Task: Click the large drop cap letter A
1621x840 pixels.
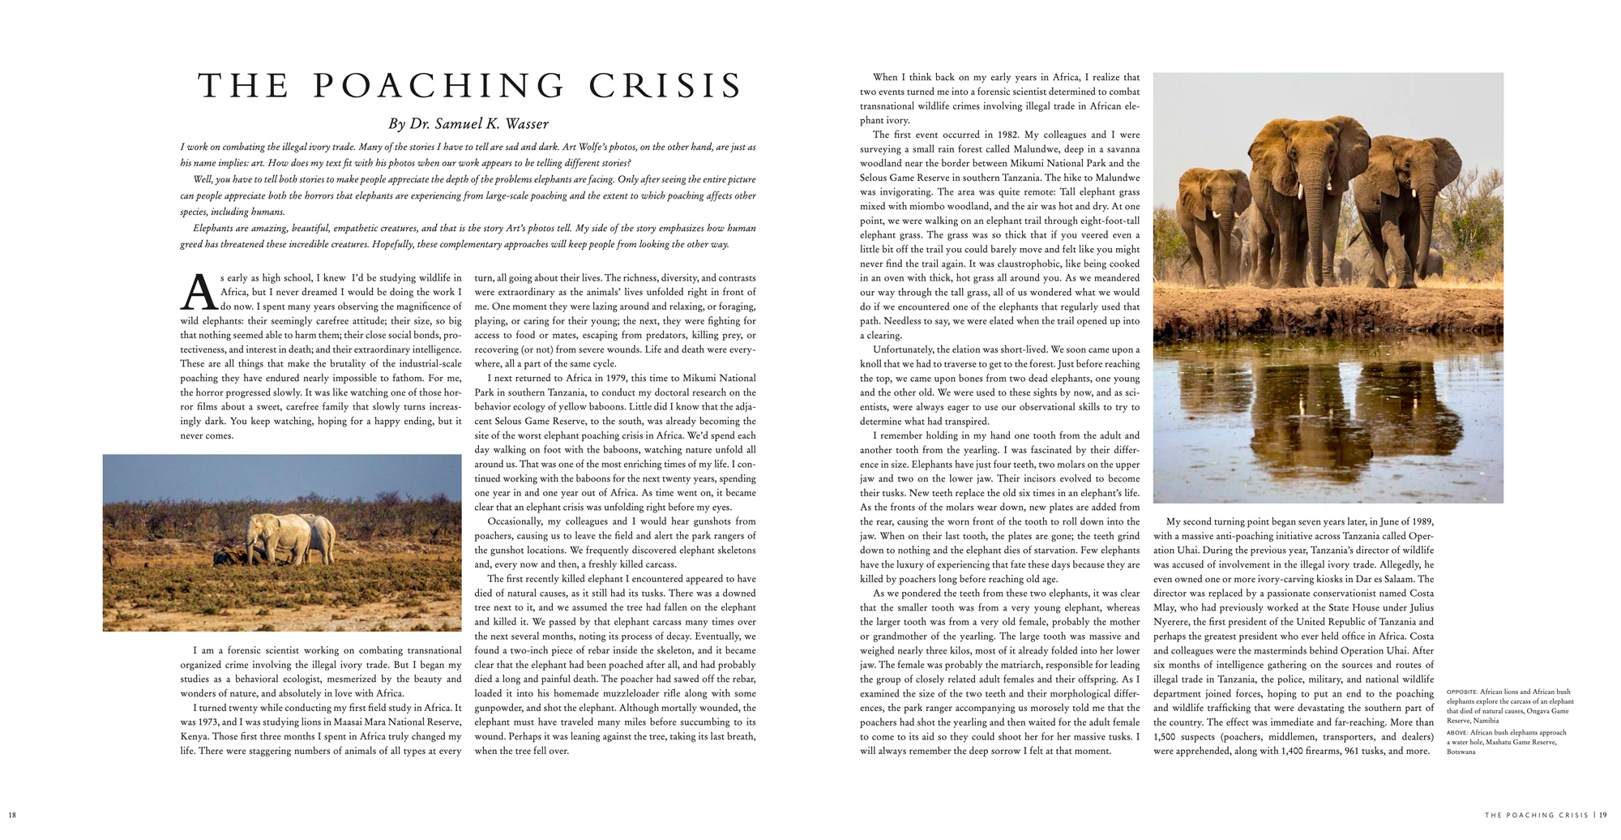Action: pos(198,293)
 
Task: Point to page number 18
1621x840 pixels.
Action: pos(12,815)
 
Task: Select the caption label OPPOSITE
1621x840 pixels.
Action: pos(1461,692)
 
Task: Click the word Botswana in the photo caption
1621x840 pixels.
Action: pos(1461,752)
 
